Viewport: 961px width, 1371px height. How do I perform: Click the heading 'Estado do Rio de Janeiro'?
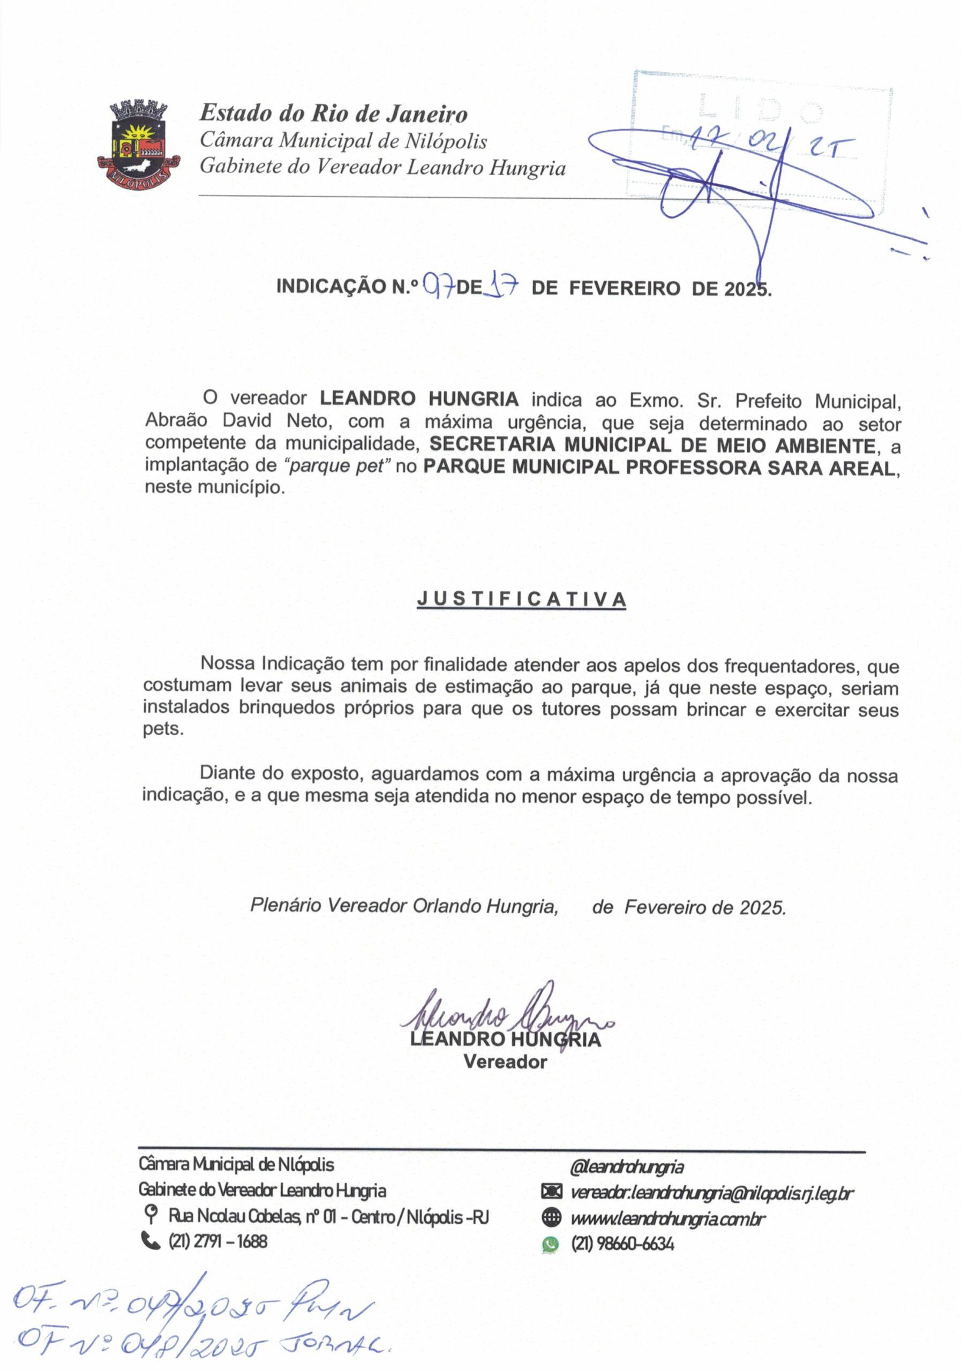click(333, 114)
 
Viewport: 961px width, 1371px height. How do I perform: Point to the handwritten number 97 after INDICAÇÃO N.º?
click(439, 287)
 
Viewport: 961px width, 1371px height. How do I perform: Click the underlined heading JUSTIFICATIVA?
click(521, 599)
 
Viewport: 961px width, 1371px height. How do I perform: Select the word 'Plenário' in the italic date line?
click(286, 905)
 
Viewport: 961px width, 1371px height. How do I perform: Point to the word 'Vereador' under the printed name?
click(505, 1061)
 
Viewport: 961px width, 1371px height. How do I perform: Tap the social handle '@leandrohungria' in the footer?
click(627, 1166)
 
